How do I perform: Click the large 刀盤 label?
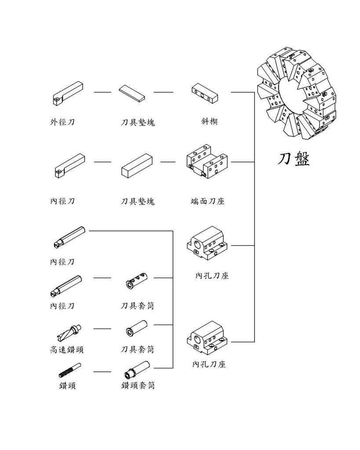click(294, 159)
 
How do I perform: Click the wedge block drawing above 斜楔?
click(205, 93)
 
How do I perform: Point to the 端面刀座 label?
click(208, 201)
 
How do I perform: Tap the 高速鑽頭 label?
click(67, 350)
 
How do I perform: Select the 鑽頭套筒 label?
click(138, 386)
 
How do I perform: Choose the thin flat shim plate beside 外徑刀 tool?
click(132, 93)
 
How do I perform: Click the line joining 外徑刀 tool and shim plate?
click(102, 93)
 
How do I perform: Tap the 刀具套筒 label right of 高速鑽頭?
click(138, 350)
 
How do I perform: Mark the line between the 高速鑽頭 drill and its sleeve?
click(102, 329)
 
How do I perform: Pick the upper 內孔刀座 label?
click(212, 276)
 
